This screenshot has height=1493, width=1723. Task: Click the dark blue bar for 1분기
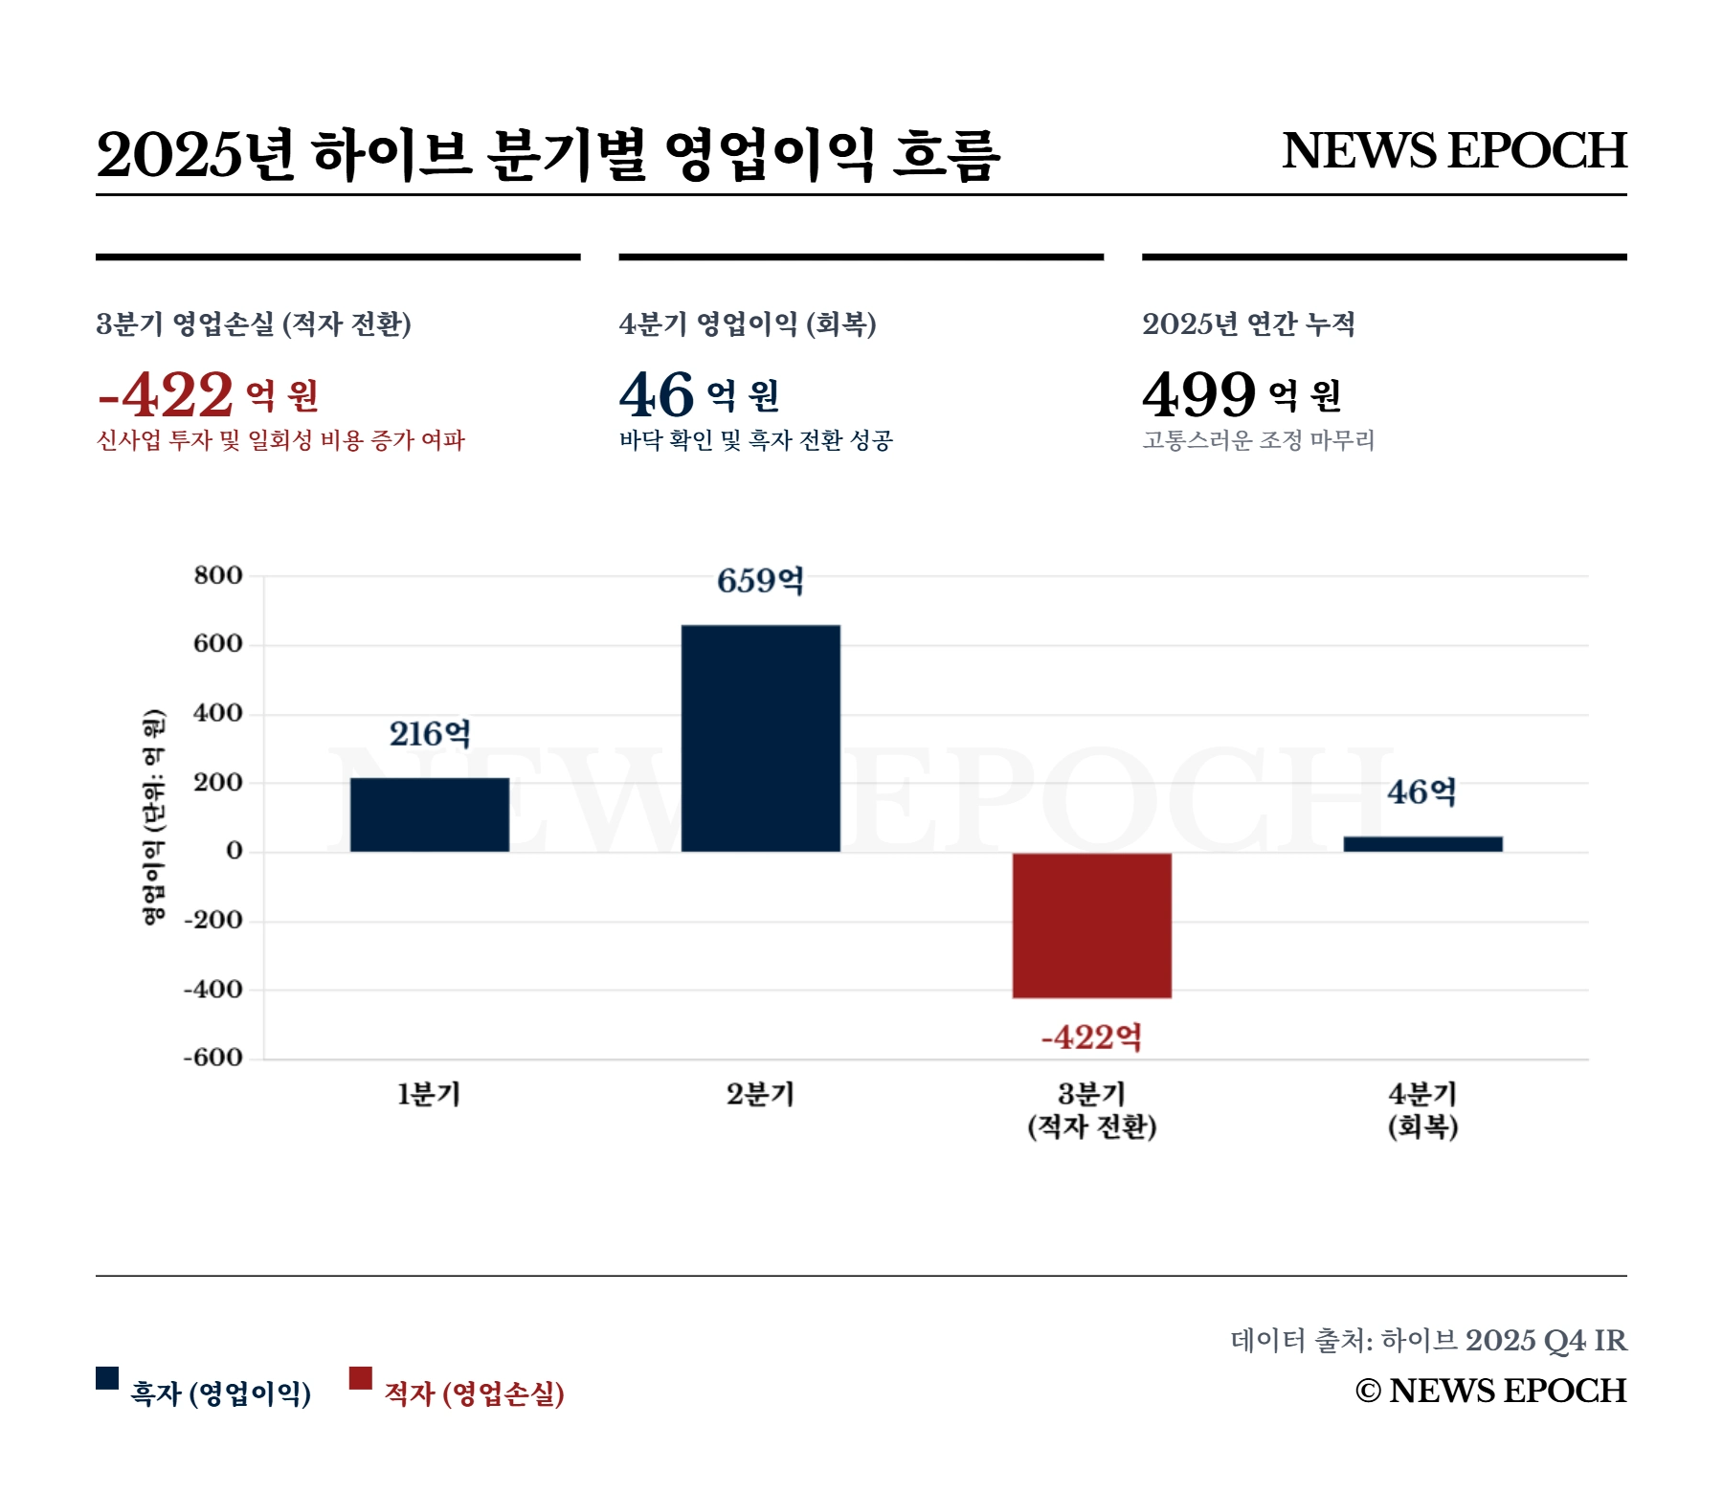click(430, 814)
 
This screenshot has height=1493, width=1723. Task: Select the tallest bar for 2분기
click(761, 738)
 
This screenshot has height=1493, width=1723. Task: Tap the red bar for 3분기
click(1092, 925)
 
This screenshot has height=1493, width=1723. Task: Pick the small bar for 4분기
click(1423, 844)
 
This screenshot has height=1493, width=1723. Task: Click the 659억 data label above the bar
click(761, 581)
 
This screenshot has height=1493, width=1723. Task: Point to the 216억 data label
click(430, 734)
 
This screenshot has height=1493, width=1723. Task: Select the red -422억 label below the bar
click(1092, 1037)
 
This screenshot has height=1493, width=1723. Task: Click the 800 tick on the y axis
click(218, 575)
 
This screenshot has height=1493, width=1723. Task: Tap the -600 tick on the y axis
click(213, 1058)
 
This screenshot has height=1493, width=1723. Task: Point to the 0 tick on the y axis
click(235, 851)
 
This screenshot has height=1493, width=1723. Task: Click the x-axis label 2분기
click(761, 1094)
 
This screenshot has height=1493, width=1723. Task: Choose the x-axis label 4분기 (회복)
click(1423, 1110)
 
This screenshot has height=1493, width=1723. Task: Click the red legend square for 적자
click(361, 1378)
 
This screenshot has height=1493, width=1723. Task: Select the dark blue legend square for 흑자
click(107, 1378)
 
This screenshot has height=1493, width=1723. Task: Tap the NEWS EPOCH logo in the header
click(1454, 151)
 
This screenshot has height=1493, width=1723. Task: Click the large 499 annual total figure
click(1198, 394)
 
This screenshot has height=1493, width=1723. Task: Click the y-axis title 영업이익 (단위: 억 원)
click(153, 817)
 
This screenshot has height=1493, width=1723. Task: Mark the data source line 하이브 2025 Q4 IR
click(1428, 1340)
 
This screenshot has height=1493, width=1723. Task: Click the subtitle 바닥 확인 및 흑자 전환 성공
click(756, 440)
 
